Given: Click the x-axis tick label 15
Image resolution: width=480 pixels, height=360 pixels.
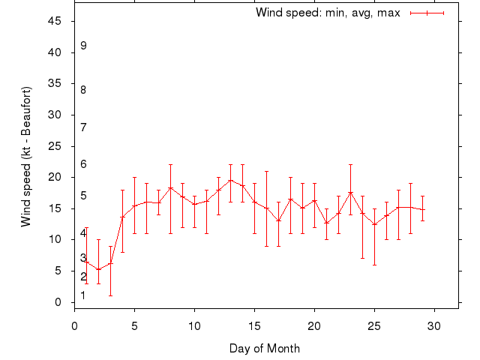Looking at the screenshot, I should coord(254,325).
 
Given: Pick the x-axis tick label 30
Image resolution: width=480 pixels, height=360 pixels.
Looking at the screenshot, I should coord(434,325).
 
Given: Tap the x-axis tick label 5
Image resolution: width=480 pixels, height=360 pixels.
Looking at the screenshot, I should coord(134,325).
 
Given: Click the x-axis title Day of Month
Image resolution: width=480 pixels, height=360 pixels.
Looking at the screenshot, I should coord(265,348).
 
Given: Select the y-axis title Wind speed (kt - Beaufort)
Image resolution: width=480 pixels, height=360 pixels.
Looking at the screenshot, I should coord(26,157).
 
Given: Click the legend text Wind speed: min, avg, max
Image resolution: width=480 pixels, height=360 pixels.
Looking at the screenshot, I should coord(328,13).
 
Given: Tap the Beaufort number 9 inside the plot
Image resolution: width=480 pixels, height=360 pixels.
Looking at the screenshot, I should coord(83,46).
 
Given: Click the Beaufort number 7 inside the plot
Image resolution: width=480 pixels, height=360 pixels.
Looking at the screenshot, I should coord(83,127).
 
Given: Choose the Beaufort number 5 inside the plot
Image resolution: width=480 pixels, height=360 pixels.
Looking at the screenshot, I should coord(83,196).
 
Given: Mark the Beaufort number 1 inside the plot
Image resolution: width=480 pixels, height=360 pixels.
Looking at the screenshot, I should coord(83,295).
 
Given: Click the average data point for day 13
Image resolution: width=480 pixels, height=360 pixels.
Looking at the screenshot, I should coord(230,181).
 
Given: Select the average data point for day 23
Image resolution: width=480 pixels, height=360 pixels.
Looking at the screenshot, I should coord(350,193).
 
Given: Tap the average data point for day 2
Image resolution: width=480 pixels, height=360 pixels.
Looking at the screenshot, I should coord(98,269).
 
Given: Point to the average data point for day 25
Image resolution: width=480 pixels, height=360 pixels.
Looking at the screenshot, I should coord(374,224).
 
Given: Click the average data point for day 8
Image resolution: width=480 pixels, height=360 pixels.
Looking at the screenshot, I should coord(170,187).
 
